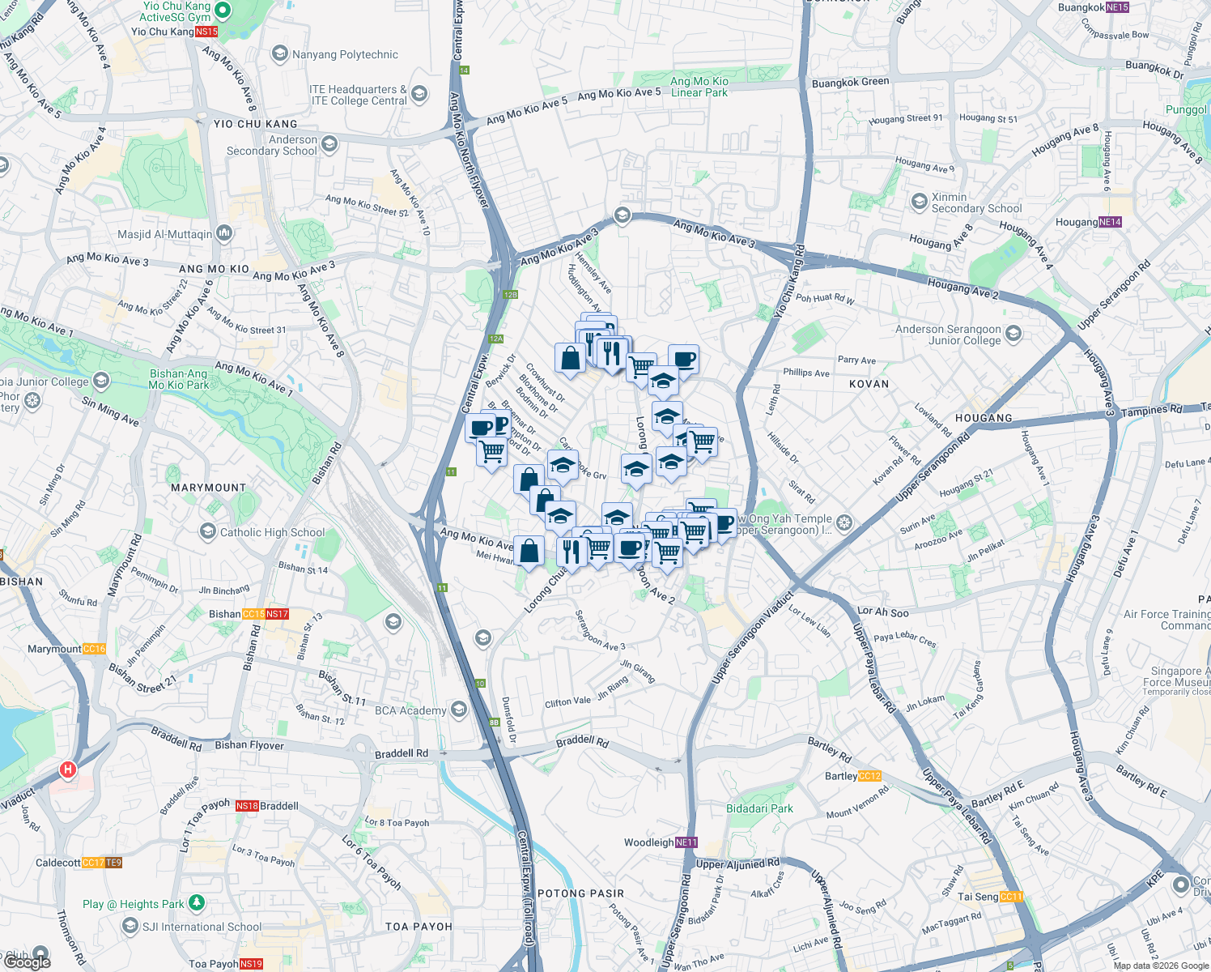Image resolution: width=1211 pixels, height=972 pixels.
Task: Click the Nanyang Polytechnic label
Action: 345,54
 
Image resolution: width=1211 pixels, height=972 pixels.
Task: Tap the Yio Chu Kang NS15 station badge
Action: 206,32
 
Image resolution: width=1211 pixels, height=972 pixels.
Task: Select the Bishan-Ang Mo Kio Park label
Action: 179,379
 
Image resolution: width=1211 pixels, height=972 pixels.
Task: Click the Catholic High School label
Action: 272,532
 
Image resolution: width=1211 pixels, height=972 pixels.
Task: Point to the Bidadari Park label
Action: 759,808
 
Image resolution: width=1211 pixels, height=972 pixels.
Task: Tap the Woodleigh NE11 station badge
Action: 686,842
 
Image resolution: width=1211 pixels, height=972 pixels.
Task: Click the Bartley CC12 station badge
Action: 869,776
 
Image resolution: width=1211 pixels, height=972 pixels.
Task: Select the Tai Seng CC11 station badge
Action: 1012,897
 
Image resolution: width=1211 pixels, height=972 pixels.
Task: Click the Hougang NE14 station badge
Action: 1110,222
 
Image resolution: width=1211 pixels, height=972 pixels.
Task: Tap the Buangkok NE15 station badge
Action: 1117,7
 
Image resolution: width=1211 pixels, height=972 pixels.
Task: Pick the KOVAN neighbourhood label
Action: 869,384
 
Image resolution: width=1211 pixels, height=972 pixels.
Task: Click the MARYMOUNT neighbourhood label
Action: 208,488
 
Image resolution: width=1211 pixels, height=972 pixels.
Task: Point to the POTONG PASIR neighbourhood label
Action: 581,893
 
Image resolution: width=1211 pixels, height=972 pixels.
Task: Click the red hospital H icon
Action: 68,769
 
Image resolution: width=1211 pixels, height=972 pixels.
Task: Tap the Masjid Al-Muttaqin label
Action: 164,234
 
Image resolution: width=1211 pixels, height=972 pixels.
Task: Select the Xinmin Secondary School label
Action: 976,202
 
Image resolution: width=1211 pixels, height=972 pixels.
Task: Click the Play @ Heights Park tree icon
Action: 197,902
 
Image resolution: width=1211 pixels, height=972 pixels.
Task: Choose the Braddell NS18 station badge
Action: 247,806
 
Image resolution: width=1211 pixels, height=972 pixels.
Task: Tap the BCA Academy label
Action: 410,710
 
